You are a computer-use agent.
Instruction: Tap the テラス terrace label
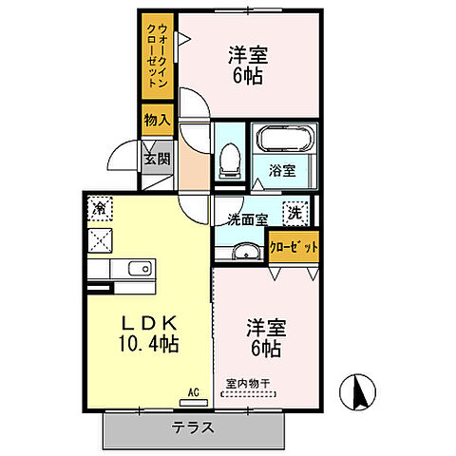pyautogui.click(x=193, y=427)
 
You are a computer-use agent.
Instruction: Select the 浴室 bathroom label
pyautogui.click(x=281, y=171)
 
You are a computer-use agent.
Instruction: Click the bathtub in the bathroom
pyautogui.click(x=282, y=143)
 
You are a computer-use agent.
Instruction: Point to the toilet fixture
pyautogui.click(x=229, y=161)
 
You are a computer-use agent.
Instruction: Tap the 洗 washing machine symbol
pyautogui.click(x=296, y=214)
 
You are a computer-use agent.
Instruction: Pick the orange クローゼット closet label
pyautogui.click(x=294, y=246)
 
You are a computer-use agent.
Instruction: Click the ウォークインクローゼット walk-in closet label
pyautogui.click(x=156, y=57)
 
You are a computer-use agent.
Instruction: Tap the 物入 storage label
pyautogui.click(x=156, y=120)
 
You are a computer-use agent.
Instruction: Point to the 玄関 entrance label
pyautogui.click(x=156, y=158)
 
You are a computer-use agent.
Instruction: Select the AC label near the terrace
pyautogui.click(x=193, y=390)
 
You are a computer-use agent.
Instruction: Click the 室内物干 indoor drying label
pyautogui.click(x=248, y=385)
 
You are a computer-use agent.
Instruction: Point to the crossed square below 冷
pyautogui.click(x=99, y=238)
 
